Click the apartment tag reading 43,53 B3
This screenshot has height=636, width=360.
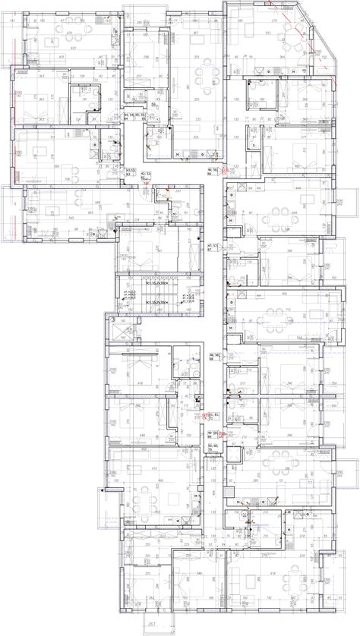pos(130,172)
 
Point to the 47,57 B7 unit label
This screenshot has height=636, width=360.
pos(213,247)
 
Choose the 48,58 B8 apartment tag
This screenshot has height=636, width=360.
pos(213,357)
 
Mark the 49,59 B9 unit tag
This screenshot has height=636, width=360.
pos(213,433)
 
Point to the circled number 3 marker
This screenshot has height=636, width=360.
pos(114,320)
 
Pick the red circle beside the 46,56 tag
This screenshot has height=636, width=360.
pos(225,173)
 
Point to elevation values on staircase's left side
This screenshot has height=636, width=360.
pos(129,296)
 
